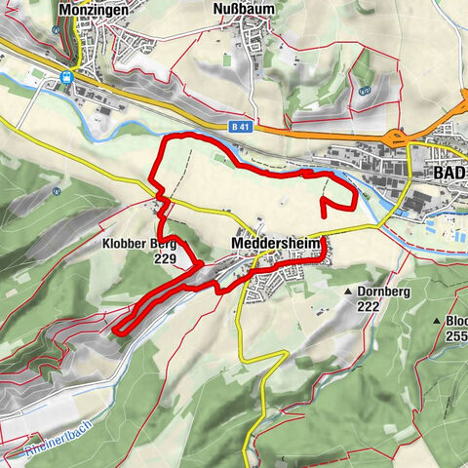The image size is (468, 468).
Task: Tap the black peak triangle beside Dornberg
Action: (x=348, y=292)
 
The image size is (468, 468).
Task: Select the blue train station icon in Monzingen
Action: (x=65, y=78)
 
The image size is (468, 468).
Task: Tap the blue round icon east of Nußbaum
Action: (x=363, y=90)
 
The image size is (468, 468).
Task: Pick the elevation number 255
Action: (x=457, y=335)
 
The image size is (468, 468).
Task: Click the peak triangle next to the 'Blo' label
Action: (x=437, y=321)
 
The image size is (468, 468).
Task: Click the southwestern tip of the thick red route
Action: (x=116, y=331)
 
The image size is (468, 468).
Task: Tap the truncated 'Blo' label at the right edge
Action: (x=456, y=321)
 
